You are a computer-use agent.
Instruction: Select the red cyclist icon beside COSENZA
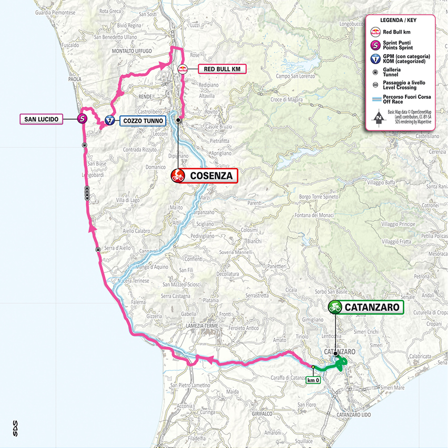click(x=178, y=176)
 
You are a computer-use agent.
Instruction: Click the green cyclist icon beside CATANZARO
click(x=335, y=307)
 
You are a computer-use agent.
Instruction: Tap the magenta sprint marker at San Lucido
click(x=82, y=119)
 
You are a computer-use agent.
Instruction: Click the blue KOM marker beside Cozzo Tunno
click(x=109, y=120)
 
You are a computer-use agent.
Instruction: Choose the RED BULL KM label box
click(x=221, y=68)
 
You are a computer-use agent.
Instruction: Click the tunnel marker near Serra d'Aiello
click(x=98, y=250)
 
